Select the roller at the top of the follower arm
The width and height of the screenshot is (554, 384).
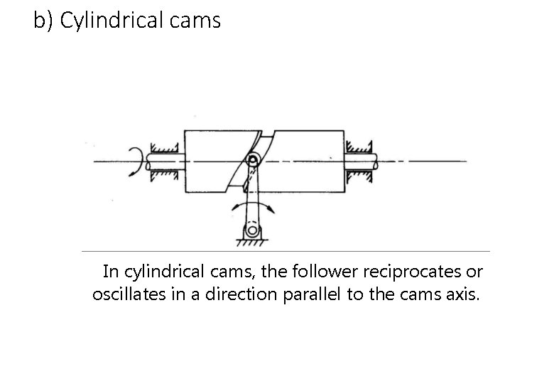[252, 160]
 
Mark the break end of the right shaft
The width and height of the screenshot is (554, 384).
[379, 161]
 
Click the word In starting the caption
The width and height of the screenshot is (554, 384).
[112, 272]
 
